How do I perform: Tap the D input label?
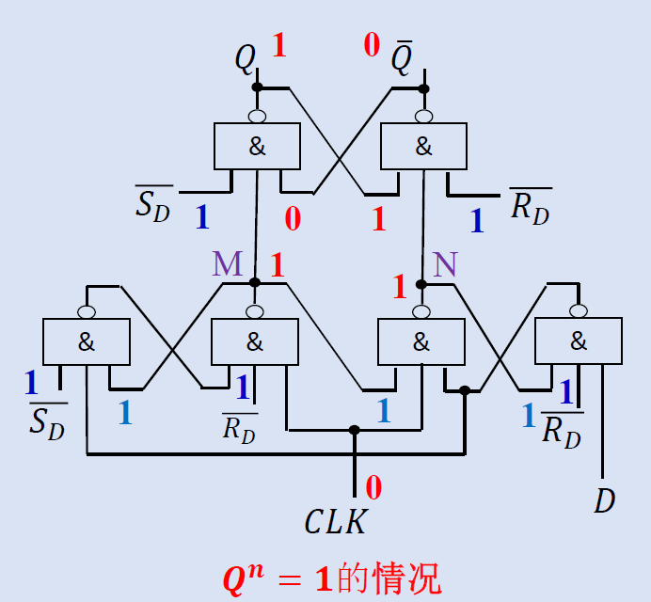point(604,501)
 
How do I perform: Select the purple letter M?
point(227,264)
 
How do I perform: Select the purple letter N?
point(445,265)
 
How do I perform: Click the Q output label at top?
point(245,59)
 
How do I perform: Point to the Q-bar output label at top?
point(401,59)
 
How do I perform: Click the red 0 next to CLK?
point(373,487)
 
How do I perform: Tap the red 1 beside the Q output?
point(278,45)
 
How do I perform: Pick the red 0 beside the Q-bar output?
point(372,44)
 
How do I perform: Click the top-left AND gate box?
point(257,146)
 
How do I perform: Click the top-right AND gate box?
point(423,146)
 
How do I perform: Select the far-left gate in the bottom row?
point(87,341)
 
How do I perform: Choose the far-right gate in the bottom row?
point(578,341)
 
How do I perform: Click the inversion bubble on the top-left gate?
point(256,117)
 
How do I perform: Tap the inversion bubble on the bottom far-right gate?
point(578,311)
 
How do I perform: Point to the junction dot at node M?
point(254,282)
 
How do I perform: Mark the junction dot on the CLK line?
point(355,431)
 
